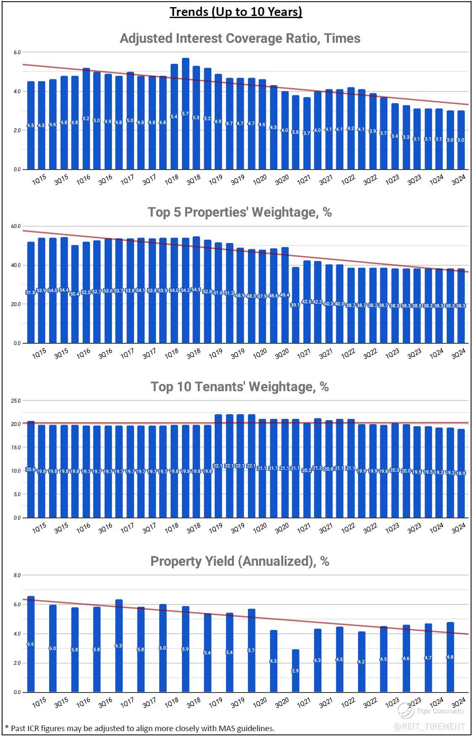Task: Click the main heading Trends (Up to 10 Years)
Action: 236,12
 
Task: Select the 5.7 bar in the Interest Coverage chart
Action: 185,114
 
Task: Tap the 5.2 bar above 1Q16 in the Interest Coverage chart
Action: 86,119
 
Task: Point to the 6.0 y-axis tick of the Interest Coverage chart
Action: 17,52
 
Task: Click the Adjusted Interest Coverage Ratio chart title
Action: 240,39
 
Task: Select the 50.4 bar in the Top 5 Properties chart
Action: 75,294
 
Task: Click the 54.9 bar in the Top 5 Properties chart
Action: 196,290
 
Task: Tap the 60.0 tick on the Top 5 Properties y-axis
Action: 16,227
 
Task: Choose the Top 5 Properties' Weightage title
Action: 240,212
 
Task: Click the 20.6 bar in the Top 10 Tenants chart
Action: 31,469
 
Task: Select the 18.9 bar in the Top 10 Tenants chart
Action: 461,473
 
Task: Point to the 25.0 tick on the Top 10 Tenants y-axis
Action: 16,401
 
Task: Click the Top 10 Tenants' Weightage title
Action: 240,387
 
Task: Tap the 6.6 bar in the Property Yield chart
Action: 31,644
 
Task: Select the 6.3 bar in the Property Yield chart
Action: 119,646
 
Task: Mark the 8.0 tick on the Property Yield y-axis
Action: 17,575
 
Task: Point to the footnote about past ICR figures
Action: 140,728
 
